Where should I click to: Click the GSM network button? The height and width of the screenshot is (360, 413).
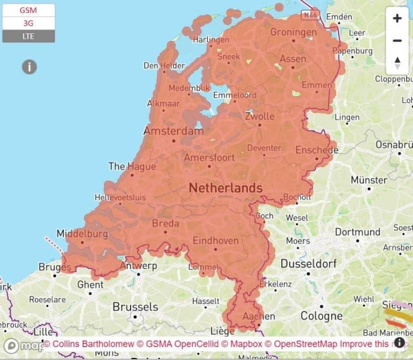[29, 10]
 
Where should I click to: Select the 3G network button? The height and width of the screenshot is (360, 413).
[29, 23]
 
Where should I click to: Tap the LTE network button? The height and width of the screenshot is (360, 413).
[29, 36]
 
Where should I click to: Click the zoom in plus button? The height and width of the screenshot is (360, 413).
[397, 19]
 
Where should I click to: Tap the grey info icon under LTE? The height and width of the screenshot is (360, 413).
[29, 67]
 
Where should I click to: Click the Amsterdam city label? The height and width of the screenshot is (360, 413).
[173, 131]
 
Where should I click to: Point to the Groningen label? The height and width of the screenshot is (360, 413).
[293, 32]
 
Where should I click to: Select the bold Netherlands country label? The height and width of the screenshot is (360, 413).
[225, 188]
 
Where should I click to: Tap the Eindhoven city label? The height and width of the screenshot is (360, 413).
[215, 241]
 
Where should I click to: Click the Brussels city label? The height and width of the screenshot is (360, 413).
[135, 307]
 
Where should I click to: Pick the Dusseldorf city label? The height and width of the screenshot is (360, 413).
[309, 264]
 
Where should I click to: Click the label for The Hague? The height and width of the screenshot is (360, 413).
[132, 166]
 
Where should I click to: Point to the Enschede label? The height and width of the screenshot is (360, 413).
[317, 150]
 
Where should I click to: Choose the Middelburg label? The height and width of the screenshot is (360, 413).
[82, 234]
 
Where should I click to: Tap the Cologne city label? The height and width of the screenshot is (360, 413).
[321, 315]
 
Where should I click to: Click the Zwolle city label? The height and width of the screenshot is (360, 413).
[259, 116]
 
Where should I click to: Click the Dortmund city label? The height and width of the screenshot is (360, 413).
[357, 232]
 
